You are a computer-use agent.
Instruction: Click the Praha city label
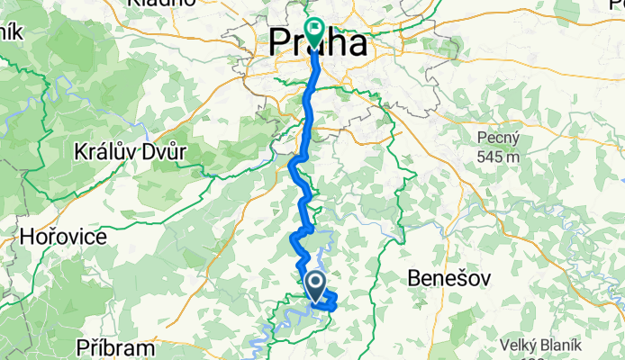[x=320, y=42]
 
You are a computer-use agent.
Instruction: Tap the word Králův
[x=104, y=152]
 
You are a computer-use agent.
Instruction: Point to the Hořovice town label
[x=63, y=238]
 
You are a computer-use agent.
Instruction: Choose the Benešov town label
[x=450, y=278]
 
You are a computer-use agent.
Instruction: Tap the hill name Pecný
[x=498, y=137]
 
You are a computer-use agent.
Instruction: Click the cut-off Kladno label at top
[x=162, y=4]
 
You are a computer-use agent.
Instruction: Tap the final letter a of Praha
[x=358, y=44]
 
